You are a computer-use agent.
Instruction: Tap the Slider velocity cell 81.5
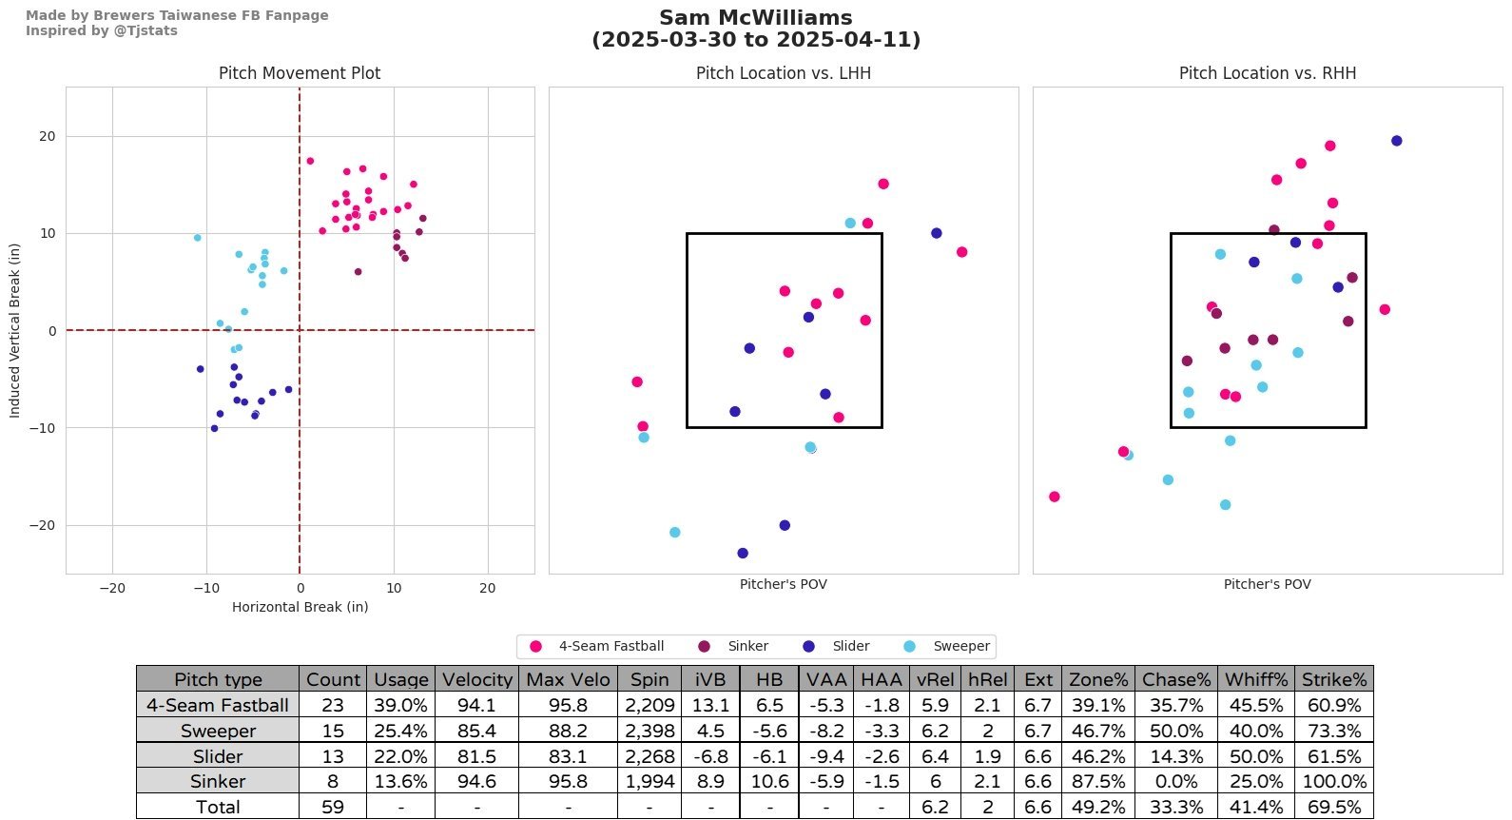point(476,756)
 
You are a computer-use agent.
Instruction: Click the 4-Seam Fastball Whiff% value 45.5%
point(1255,705)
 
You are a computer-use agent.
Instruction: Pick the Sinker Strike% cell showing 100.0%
point(1333,781)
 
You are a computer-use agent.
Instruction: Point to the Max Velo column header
point(568,679)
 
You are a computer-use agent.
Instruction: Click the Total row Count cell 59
point(332,807)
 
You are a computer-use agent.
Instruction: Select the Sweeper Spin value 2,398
point(649,731)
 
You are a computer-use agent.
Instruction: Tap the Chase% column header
point(1176,679)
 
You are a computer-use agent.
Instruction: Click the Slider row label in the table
point(218,756)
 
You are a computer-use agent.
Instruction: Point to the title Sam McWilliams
point(756,18)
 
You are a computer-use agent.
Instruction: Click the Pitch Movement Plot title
point(300,73)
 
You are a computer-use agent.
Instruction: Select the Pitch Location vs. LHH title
point(784,73)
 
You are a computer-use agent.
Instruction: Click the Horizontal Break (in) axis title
point(300,607)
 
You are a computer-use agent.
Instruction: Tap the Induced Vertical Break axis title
point(14,330)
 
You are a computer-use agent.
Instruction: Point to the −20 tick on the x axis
point(112,588)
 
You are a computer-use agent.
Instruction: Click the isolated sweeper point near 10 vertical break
point(197,238)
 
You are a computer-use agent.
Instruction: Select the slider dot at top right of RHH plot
point(1396,141)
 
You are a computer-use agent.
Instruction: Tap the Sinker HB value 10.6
point(769,781)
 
